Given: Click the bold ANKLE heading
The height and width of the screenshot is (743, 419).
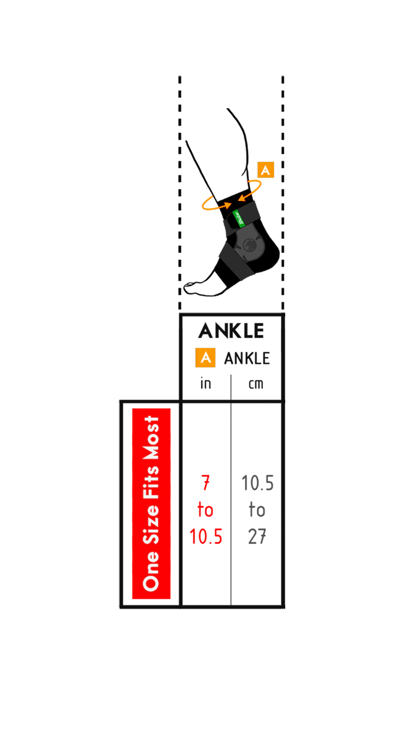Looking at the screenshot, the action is (231, 331).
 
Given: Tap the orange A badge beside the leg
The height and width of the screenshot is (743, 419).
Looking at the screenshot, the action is (265, 170).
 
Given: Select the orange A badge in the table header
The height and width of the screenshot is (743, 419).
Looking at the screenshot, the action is (205, 358).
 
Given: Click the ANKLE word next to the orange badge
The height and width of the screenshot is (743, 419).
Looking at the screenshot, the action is (247, 358).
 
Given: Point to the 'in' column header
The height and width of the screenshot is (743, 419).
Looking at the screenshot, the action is (206, 383).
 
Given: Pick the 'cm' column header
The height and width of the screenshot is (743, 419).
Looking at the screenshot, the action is (256, 384).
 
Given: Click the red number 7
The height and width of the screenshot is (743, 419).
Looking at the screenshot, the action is (206, 482).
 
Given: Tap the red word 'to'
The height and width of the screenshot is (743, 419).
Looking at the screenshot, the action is (205, 510).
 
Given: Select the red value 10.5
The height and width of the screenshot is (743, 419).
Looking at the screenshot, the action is (206, 537).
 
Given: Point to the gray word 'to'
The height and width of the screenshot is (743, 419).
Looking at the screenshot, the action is (257, 510).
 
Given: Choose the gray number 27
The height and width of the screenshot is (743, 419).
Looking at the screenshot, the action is (257, 537).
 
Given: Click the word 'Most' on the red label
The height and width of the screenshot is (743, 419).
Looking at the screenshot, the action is (151, 438).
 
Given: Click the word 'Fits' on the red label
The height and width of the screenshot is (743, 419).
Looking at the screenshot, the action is (151, 482).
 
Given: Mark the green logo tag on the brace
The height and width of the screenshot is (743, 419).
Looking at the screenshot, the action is (239, 219).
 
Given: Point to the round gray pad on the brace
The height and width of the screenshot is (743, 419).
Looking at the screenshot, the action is (248, 246).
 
